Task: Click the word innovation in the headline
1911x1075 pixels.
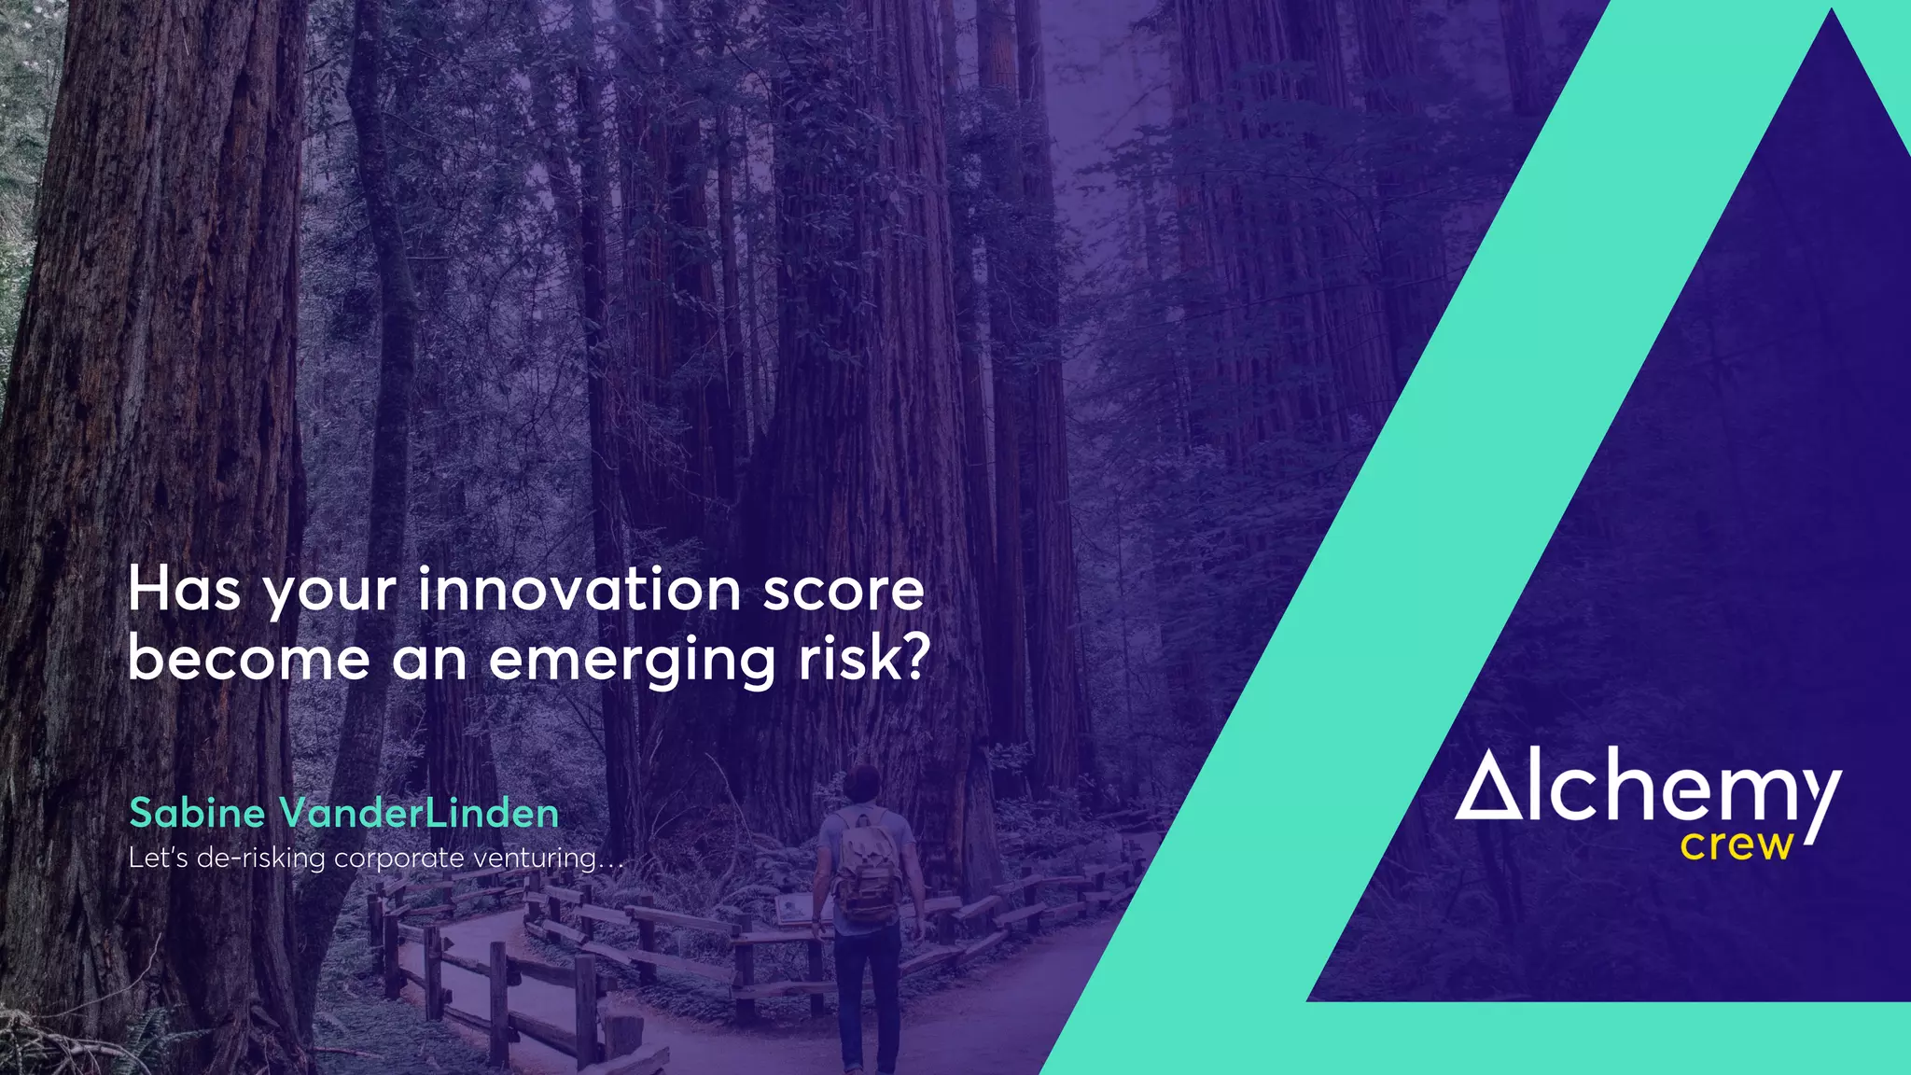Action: pyautogui.click(x=579, y=591)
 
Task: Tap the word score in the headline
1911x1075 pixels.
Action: pyautogui.click(x=844, y=591)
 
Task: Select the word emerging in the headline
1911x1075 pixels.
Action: pyautogui.click(x=632, y=661)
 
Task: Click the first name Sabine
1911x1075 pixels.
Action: pyautogui.click(x=198, y=813)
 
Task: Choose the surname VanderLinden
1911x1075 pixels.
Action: pyautogui.click(x=419, y=813)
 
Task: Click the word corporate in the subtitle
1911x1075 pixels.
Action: pyautogui.click(x=398, y=858)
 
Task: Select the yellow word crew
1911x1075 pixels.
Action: pyautogui.click(x=1737, y=845)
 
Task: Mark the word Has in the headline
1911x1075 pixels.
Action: pyautogui.click(x=184, y=591)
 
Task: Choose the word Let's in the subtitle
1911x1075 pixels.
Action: pyautogui.click(x=158, y=858)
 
